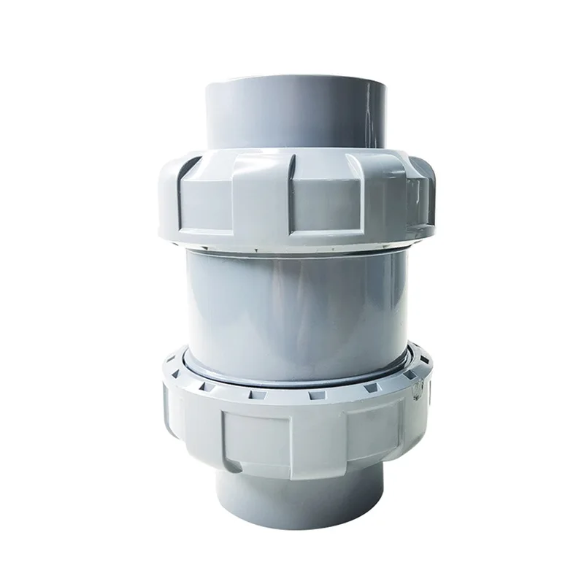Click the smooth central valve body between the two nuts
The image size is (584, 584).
[292, 307]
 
